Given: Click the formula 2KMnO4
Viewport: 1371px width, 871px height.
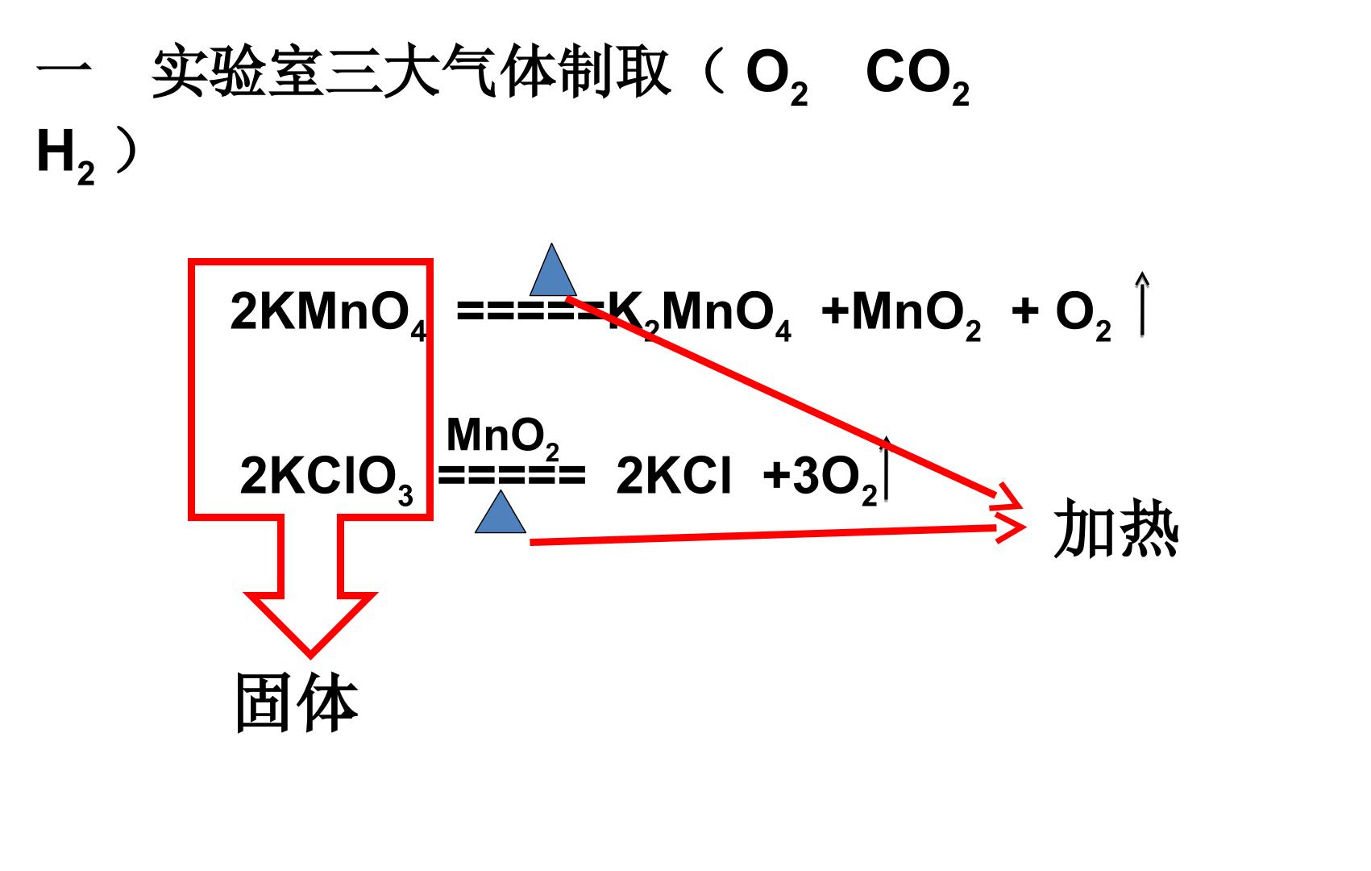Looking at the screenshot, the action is pos(328,315).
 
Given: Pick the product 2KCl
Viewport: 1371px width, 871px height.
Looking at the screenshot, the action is pos(673,476).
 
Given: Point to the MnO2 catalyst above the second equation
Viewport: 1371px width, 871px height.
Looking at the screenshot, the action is pos(503,437).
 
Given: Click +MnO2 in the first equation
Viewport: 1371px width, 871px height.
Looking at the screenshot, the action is pos(901,315).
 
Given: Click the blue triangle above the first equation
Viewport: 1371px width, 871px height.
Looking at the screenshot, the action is pos(553,270).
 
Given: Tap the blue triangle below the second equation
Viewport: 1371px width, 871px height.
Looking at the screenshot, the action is pos(500,512).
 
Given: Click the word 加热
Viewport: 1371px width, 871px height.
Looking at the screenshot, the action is pos(1115,528).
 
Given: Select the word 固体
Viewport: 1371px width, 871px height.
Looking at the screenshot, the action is pos(297,702).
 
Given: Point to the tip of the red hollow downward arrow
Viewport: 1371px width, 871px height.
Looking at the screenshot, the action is pos(310,656).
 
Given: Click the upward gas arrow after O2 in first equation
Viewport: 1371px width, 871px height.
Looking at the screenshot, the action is pos(1142,304).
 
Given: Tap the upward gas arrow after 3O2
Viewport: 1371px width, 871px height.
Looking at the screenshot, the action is pos(885,468).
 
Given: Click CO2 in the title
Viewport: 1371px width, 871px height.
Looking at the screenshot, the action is pos(917,77).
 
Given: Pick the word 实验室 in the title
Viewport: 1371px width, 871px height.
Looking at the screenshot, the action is pos(238,73).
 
